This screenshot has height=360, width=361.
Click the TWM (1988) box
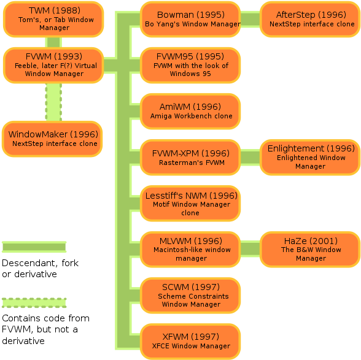click(53, 20)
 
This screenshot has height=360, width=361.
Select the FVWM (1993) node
click(53, 66)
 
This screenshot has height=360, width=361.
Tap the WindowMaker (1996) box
click(52, 139)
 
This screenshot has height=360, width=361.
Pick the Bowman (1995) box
click(190, 20)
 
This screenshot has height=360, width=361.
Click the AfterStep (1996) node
click(310, 20)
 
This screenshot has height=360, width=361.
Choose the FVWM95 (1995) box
click(190, 66)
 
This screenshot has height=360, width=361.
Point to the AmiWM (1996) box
click(190, 112)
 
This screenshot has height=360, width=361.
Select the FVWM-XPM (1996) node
click(190, 158)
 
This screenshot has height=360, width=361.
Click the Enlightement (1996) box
click(310, 158)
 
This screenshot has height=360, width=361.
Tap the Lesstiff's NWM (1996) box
click(190, 204)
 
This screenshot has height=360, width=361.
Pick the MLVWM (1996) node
click(190, 250)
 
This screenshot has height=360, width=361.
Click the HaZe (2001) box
click(310, 250)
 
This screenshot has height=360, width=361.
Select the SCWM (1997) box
click(190, 296)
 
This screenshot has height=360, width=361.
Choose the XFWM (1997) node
click(190, 342)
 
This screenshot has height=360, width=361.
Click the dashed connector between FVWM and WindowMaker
click(53, 102)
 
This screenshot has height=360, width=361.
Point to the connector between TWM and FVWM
click(53, 42)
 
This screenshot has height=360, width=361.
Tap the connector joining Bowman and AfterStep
click(250, 20)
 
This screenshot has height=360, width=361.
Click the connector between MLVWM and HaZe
click(250, 249)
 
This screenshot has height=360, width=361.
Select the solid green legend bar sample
click(34, 247)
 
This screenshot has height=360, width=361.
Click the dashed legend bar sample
click(34, 303)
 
